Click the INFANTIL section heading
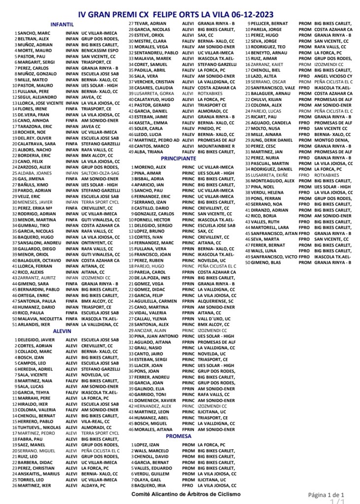(63, 24)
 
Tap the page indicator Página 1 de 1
(326, 494)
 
